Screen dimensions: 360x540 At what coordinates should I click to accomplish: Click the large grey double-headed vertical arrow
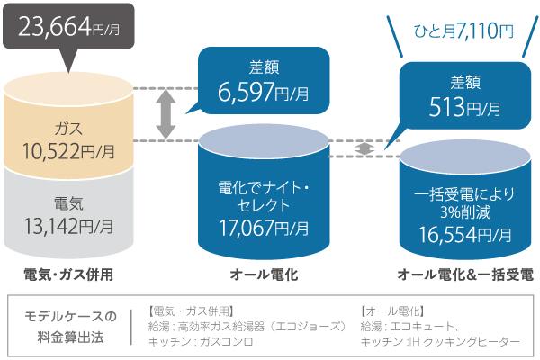click(x=165, y=115)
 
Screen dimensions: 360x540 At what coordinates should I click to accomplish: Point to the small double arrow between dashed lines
click(x=363, y=147)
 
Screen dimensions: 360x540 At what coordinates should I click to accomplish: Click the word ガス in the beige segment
click(x=68, y=127)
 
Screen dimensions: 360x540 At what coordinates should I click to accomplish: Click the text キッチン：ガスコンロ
click(x=200, y=342)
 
